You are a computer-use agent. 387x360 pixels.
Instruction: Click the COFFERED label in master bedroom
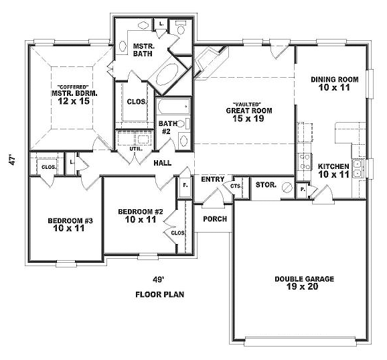[x=70, y=86]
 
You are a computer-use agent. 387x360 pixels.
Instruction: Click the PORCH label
[x=215, y=219]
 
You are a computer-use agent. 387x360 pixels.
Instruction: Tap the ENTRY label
[x=212, y=179]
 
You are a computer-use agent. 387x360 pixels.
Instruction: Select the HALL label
[x=163, y=163]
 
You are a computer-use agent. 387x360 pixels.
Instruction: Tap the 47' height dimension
[x=11, y=163]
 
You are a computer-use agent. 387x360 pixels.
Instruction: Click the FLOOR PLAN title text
[x=160, y=294]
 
